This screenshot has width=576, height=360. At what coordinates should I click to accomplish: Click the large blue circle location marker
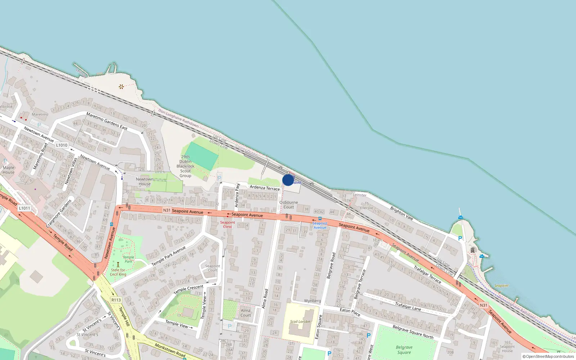[288, 180]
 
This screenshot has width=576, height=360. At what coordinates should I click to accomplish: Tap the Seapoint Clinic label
[228, 224]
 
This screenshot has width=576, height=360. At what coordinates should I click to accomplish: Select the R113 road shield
[116, 300]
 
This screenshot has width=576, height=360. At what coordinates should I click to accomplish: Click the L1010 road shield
[62, 145]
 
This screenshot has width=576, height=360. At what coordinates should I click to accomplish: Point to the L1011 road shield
[24, 208]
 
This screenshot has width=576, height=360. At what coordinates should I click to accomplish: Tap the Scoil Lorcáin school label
[300, 321]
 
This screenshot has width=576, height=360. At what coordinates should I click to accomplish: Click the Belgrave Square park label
[404, 350]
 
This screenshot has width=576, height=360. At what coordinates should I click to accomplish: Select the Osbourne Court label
[289, 204]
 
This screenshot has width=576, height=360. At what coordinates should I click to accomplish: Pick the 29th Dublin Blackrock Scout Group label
[185, 166]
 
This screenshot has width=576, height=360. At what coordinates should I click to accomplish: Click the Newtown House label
[145, 181]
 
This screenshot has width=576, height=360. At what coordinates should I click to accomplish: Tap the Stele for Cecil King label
[118, 272]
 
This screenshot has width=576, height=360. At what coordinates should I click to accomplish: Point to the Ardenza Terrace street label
[265, 188]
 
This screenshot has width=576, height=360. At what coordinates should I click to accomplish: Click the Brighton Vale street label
[401, 213]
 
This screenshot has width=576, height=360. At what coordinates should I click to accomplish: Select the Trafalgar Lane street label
[408, 306]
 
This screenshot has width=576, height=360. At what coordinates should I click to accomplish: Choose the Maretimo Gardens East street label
[107, 121]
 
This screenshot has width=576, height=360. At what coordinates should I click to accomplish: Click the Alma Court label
[246, 312]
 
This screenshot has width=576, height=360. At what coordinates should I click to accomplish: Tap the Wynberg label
[312, 301]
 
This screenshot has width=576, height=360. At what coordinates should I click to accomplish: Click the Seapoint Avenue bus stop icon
[320, 218]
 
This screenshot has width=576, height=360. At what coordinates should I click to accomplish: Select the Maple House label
[9, 170]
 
